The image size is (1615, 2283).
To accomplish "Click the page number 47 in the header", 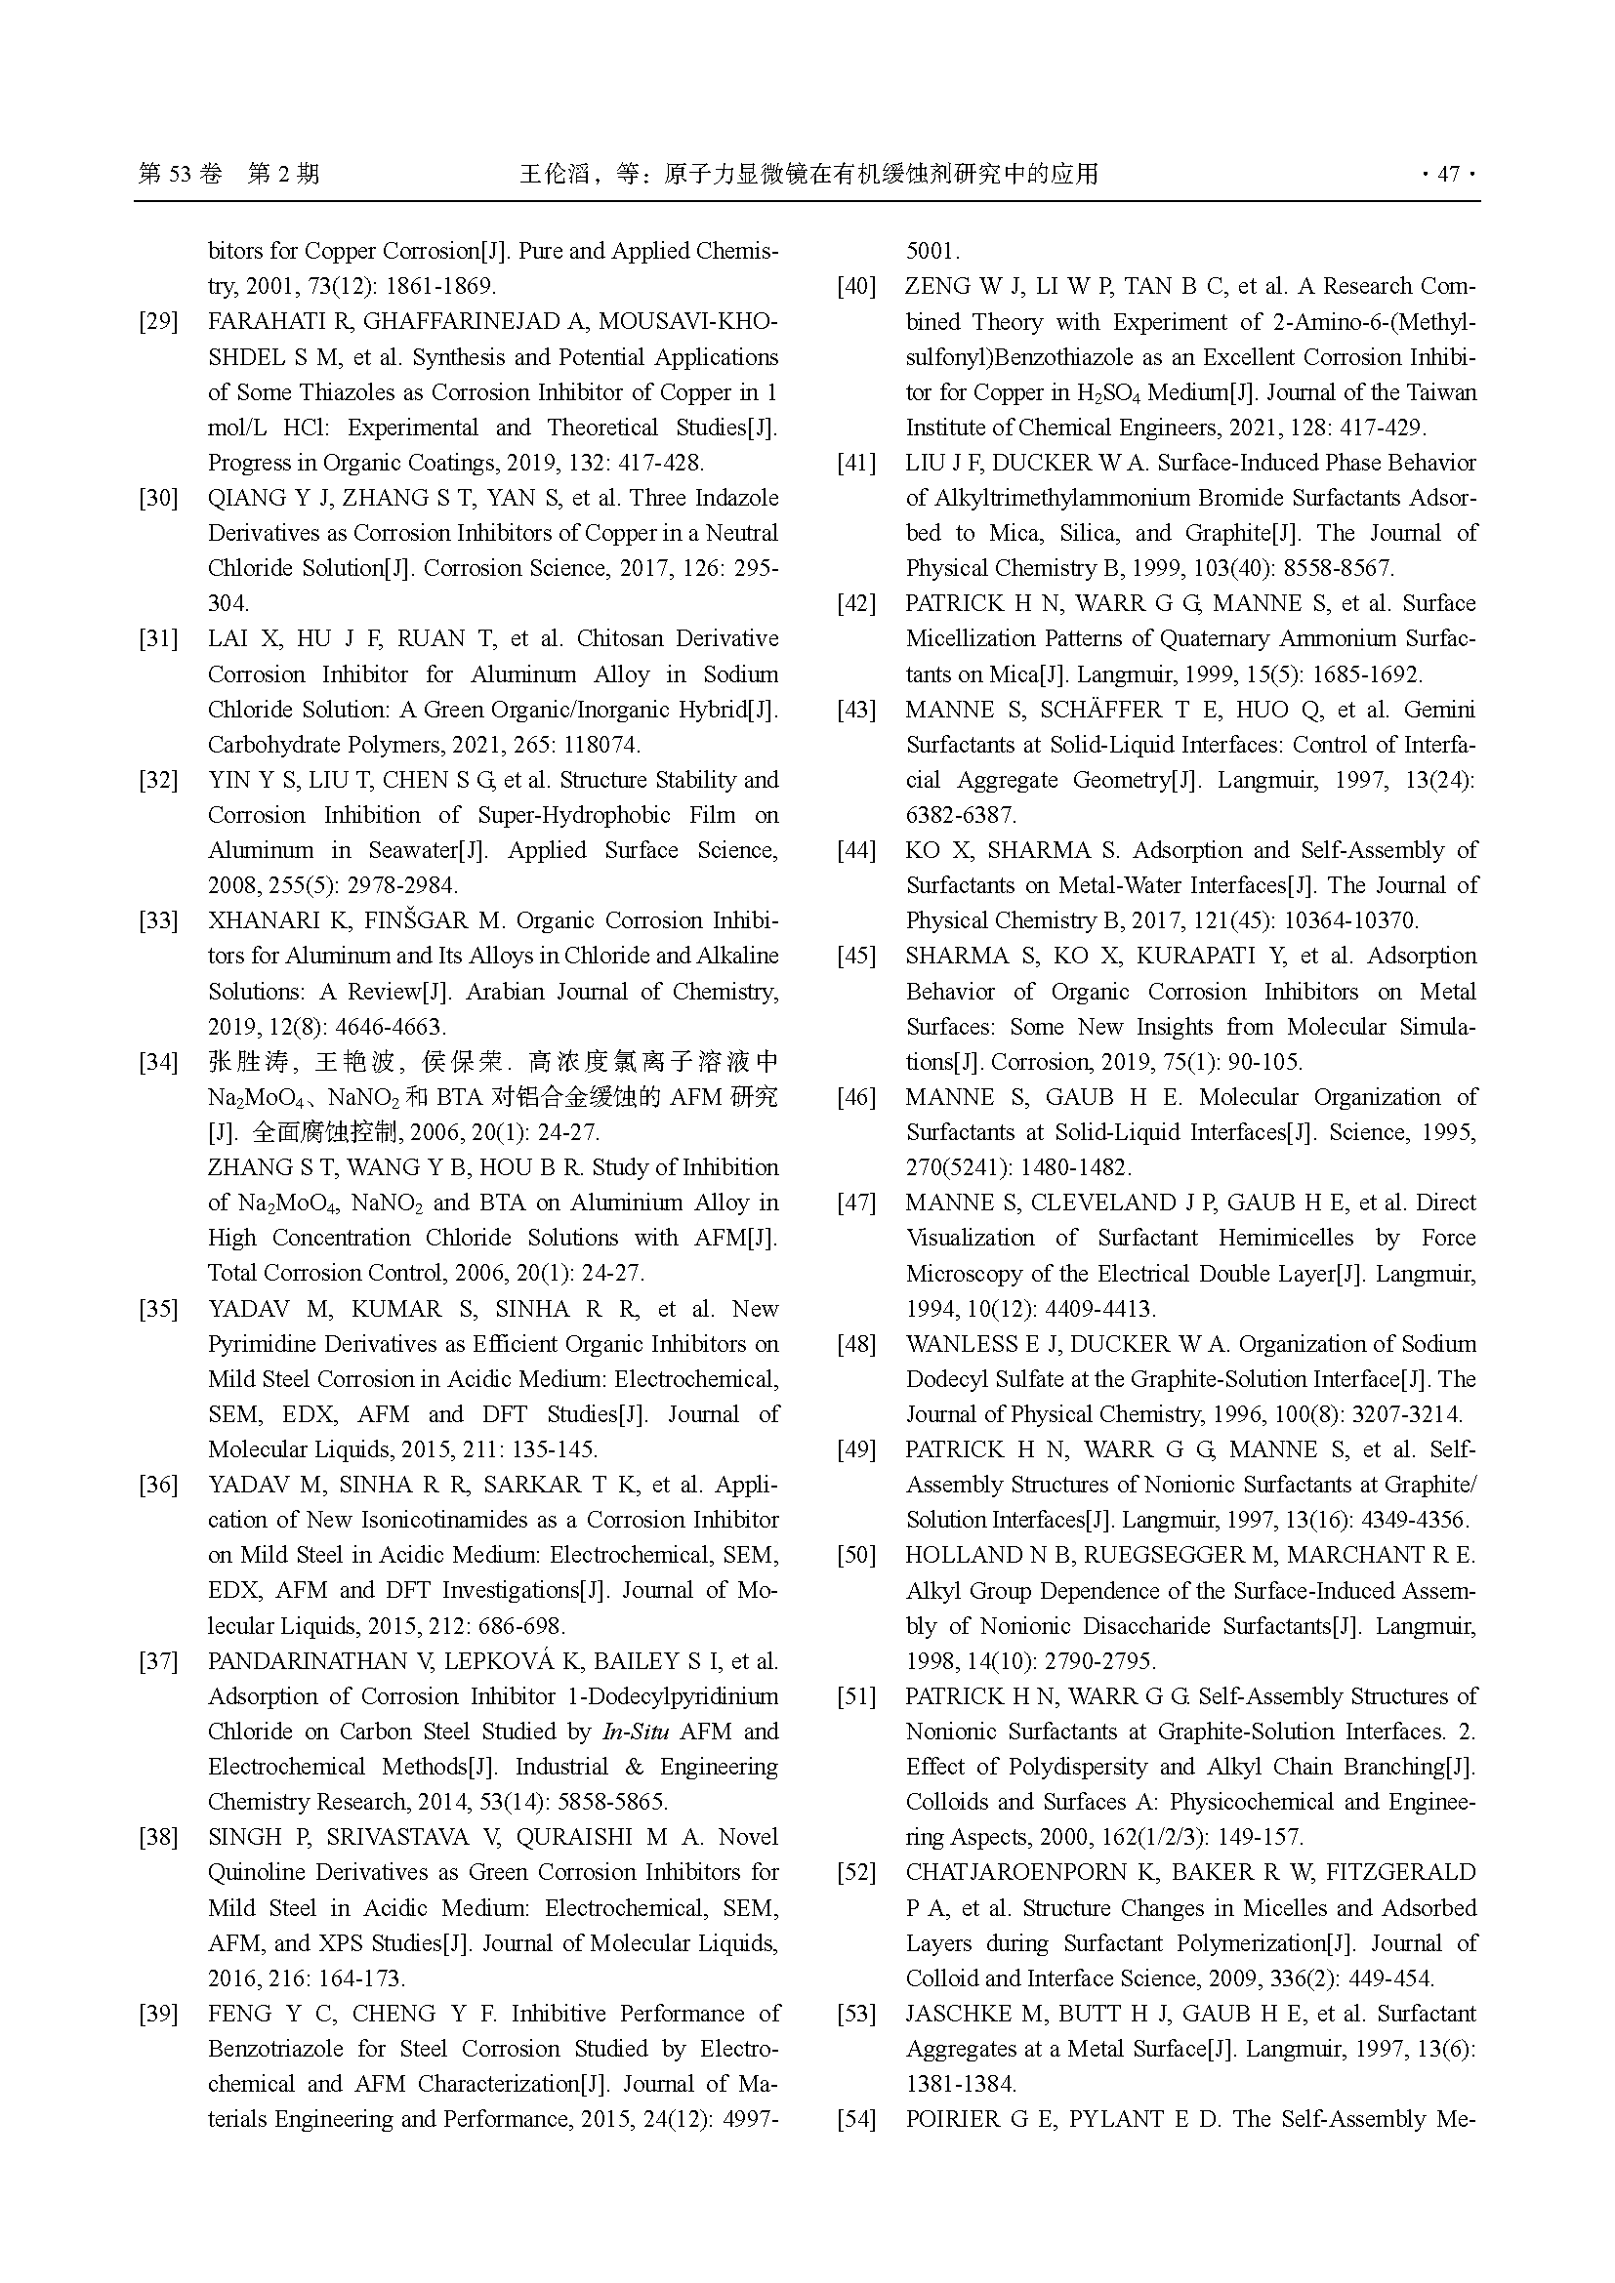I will (x=1448, y=174).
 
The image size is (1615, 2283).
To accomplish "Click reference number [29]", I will (x=158, y=322).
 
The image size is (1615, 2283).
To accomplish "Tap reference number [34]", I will (x=158, y=1062).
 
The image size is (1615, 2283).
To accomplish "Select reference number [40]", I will (x=856, y=286).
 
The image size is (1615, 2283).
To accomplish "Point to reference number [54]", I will (x=856, y=2119).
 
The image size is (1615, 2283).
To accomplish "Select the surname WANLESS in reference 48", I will (x=962, y=1344).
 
